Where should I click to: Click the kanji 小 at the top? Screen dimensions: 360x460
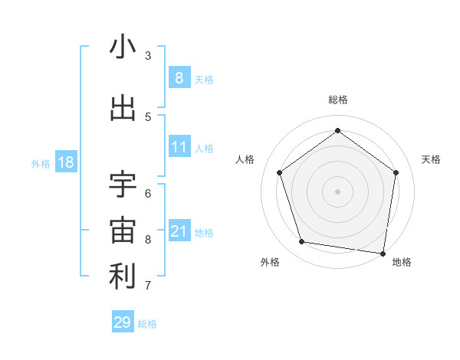point(123,48)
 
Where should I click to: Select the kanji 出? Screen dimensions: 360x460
point(123,109)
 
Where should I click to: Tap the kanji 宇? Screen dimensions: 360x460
point(123,185)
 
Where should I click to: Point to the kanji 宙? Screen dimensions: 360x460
point(123,231)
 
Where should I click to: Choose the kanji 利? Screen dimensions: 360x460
point(123,277)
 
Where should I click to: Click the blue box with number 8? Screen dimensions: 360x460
point(179,77)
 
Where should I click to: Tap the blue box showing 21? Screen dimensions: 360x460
point(179,231)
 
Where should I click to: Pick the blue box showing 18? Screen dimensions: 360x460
point(64,162)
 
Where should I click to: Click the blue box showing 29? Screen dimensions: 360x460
point(123,322)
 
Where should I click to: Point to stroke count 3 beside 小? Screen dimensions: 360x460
point(148,55)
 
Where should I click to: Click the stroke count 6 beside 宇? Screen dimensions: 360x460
point(148,193)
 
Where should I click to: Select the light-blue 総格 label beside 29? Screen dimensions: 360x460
point(147,324)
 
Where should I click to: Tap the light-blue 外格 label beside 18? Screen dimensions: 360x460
point(41,163)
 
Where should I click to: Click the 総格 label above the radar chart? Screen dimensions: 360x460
point(337,100)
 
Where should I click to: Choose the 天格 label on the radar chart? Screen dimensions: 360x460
point(431,159)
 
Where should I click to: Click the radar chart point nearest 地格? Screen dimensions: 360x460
point(383,252)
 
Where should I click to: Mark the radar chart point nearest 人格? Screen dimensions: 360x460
point(279,172)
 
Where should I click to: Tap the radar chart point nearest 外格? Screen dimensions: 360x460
point(301,242)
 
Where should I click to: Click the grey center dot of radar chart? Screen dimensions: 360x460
point(337,191)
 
